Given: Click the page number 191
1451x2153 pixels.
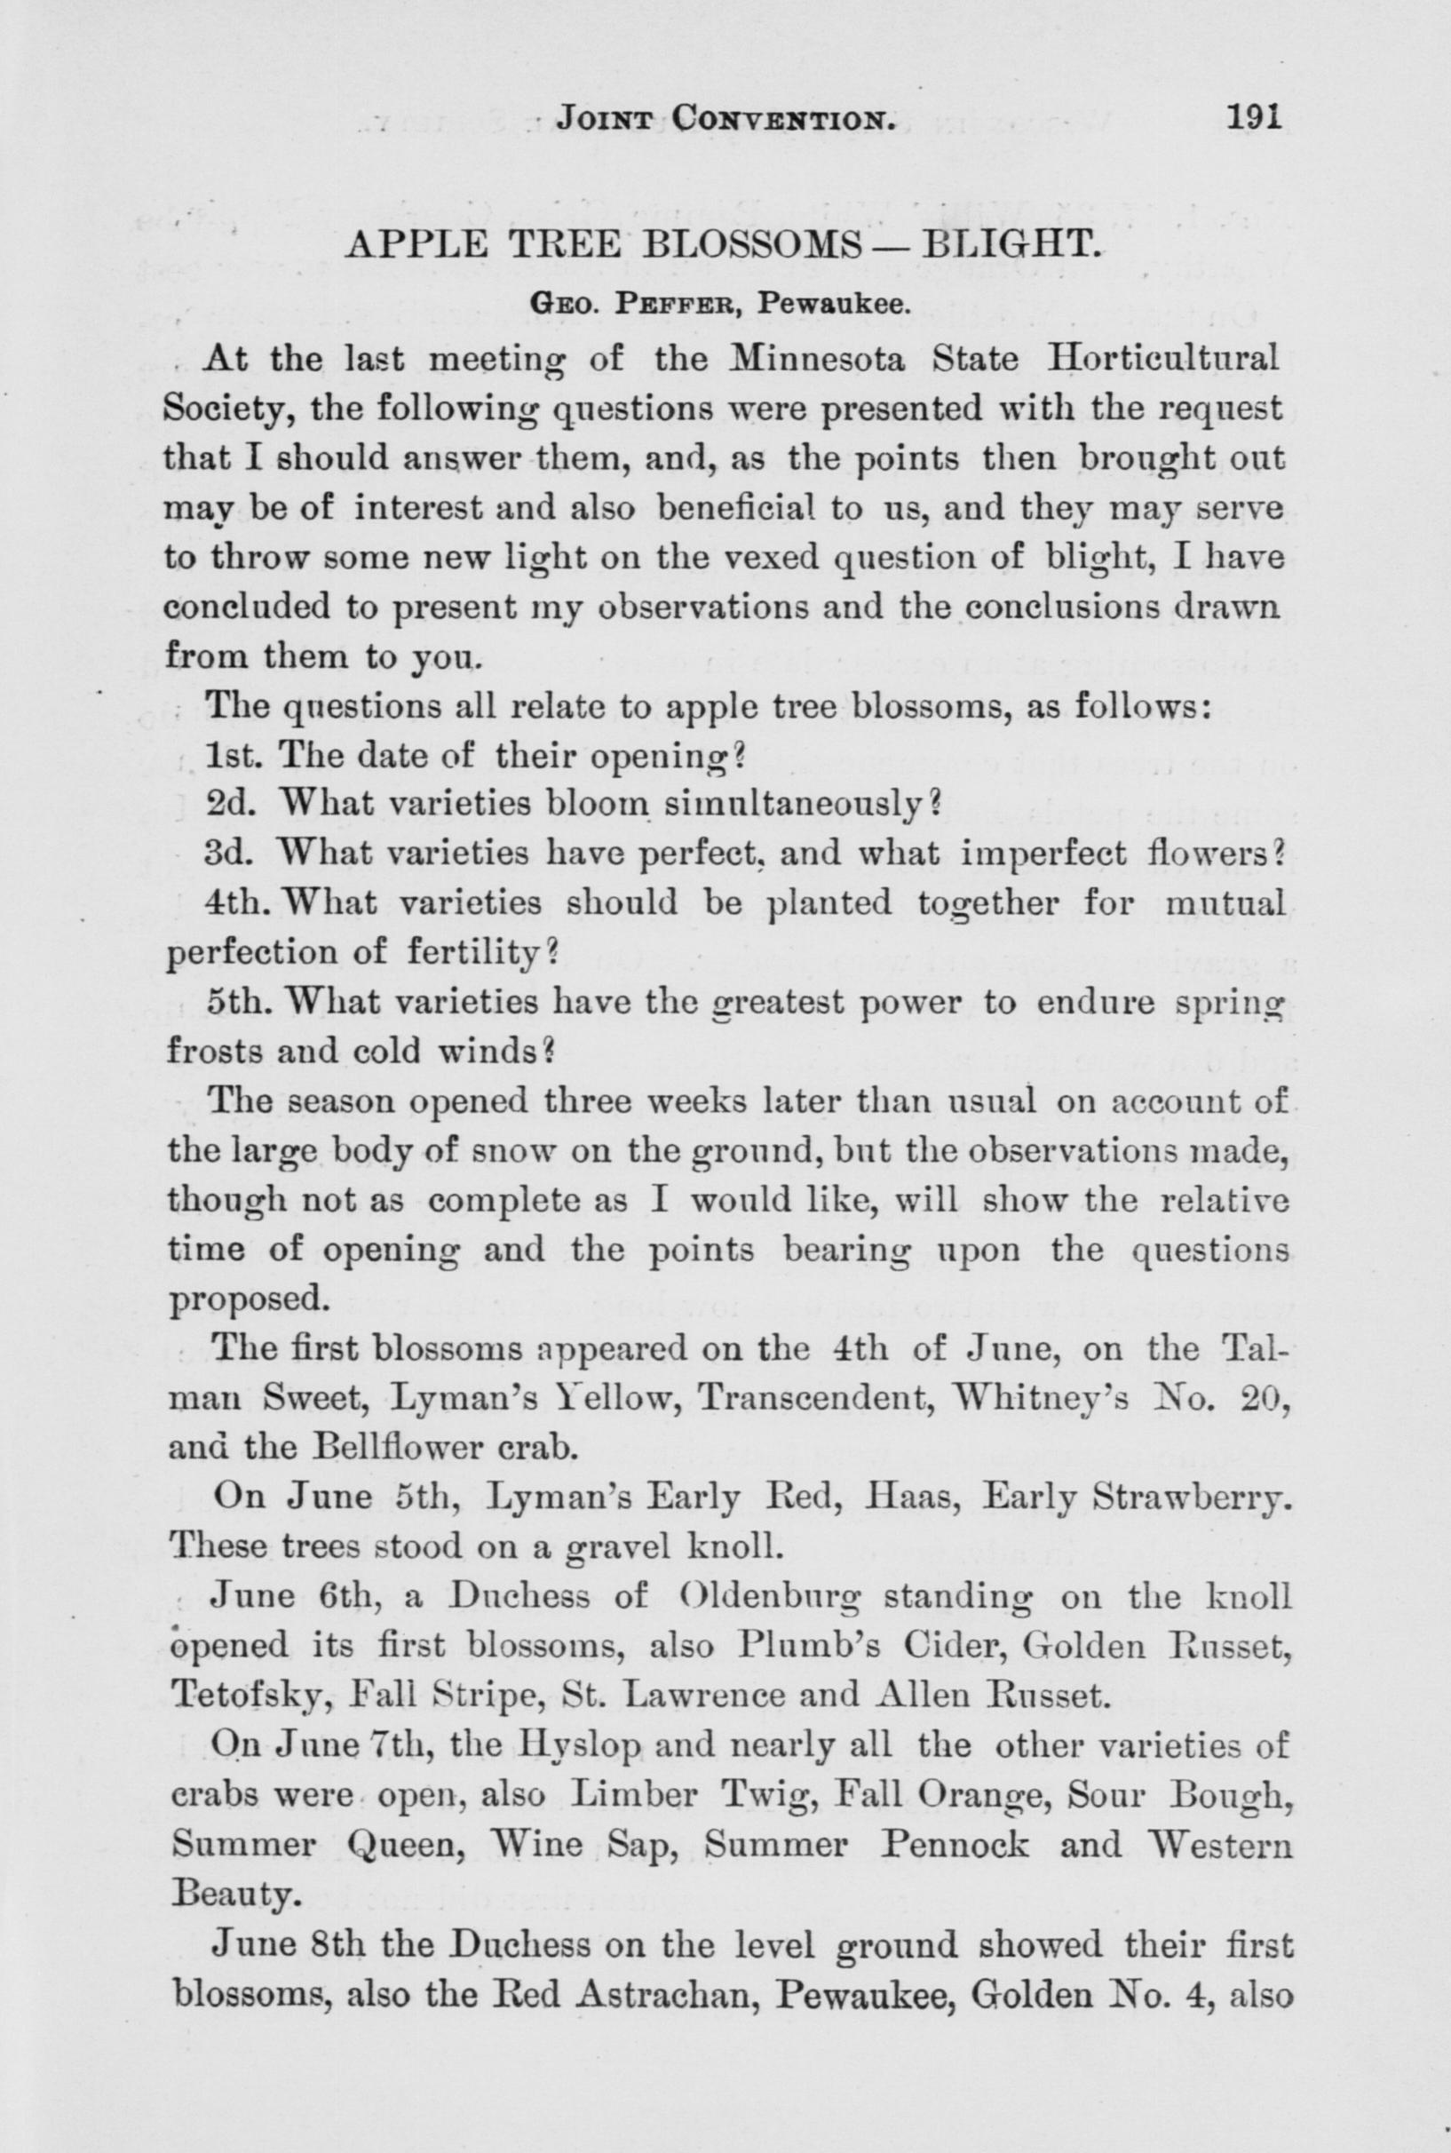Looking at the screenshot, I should click(1251, 117).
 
